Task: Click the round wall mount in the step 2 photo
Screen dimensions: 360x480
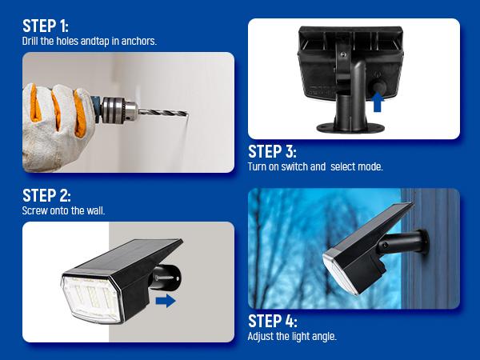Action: click(171, 278)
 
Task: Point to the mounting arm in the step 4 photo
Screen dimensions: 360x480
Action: click(407, 241)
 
